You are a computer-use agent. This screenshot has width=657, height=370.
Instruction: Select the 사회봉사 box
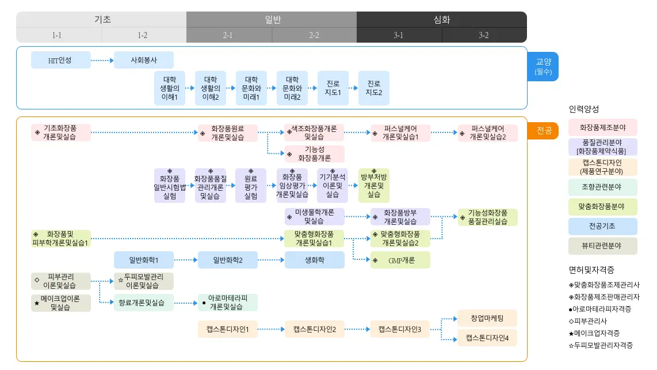144,60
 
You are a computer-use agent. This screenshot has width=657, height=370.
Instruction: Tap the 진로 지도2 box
374,88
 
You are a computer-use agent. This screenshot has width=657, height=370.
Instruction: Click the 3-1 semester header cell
399,35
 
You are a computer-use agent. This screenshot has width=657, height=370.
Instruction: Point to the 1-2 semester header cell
143,35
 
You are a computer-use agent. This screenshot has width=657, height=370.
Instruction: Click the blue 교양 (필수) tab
543,66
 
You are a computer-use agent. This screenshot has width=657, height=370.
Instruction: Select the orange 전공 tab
543,131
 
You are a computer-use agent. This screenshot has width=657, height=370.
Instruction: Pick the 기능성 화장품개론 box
314,154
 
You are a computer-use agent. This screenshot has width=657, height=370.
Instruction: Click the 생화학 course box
314,260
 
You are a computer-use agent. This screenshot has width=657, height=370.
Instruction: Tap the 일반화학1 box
144,260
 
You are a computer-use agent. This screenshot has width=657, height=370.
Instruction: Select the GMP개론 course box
400,260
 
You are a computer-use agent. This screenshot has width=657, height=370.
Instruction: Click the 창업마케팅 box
487,318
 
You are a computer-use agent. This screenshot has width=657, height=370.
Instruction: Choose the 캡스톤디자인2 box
314,329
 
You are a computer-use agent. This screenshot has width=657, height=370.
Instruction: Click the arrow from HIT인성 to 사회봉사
102,61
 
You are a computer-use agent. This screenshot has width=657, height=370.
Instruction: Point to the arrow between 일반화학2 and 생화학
271,260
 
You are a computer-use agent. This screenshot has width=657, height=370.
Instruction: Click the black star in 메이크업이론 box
37,303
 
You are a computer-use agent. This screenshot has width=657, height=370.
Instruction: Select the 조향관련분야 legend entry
602,187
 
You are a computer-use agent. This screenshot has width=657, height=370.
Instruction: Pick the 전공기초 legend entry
602,226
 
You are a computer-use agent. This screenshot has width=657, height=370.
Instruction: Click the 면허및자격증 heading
591,270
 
